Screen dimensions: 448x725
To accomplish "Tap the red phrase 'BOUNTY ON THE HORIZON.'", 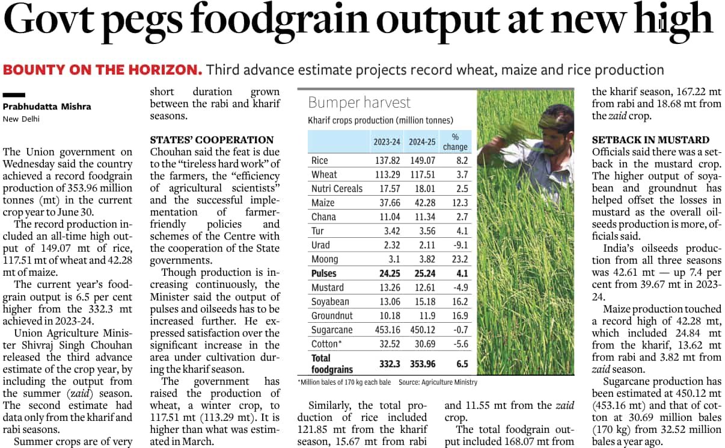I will point(102,70).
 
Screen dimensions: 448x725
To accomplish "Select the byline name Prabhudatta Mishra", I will point(47,107).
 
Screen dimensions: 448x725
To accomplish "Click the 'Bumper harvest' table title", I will point(359,102).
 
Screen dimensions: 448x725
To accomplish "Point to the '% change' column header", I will point(454,142).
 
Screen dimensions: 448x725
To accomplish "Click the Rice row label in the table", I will point(319,161).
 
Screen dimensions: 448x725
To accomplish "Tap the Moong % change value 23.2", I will point(460,260).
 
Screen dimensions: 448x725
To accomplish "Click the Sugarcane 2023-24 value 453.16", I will point(387,330).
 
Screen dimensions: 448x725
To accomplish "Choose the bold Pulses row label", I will point(324,273).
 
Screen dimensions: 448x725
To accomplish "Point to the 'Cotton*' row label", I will point(325,344).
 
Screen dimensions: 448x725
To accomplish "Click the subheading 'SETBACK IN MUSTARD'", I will point(650,140).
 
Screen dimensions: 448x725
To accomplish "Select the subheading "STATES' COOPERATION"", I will point(212,140).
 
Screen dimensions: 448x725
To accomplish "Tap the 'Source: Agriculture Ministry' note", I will point(438,382).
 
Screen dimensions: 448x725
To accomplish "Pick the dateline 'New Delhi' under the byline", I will point(21,119).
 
